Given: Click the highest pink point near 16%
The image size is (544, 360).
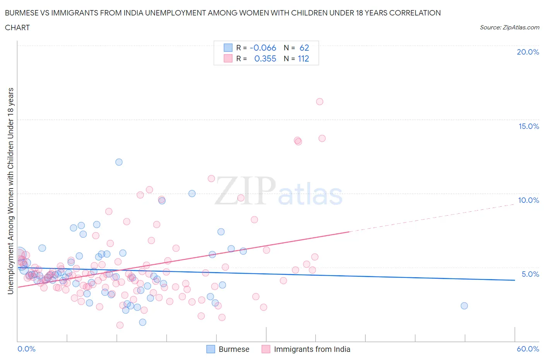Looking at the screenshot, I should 320,102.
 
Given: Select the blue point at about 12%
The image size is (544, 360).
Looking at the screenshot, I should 119,162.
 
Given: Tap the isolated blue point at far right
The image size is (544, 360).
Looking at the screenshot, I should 464,306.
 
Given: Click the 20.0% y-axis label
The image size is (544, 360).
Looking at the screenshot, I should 528,52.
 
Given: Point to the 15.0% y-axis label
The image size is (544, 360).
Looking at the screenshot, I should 529,126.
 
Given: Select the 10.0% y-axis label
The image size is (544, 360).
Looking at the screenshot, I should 529,200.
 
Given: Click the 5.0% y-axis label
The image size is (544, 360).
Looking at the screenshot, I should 530,274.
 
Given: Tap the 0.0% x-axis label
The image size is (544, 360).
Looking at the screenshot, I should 27,349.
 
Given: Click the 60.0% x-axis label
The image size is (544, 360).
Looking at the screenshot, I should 528,349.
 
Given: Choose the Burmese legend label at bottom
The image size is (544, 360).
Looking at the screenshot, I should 234,349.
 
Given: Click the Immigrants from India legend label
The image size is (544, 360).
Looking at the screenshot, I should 312,349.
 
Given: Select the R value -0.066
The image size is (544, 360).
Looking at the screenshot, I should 263,48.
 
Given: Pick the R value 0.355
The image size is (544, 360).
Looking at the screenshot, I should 265,58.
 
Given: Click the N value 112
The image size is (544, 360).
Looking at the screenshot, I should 303,58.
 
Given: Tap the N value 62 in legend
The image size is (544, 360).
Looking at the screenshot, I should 304,48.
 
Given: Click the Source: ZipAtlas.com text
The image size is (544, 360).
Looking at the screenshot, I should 509,27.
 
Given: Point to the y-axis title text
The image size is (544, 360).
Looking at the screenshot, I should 11,191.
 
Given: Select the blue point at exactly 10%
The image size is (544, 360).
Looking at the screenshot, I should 192,194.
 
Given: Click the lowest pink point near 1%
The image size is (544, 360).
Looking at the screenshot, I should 120,325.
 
